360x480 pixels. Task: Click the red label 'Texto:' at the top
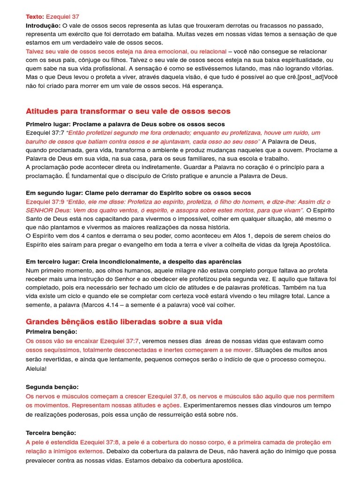coord(35,17)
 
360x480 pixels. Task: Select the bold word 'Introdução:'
coord(43,25)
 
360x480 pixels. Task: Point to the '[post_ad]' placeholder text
coord(310,77)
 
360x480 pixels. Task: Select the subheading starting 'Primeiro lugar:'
coord(125,124)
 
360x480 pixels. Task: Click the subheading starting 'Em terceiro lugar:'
coord(134,262)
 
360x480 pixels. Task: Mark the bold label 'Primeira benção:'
coord(50,331)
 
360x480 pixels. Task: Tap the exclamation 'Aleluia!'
coord(36,368)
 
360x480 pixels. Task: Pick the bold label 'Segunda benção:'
coord(52,387)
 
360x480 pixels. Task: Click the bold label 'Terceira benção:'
coord(51,433)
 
